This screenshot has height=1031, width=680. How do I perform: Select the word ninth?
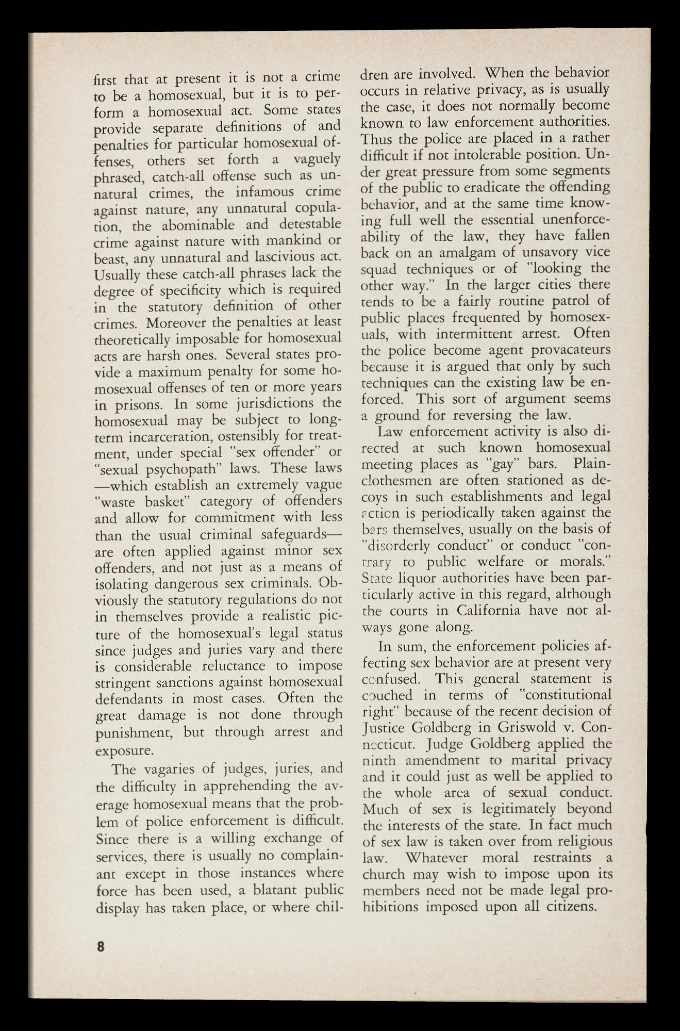point(379,760)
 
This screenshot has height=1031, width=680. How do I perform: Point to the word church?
point(386,875)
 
